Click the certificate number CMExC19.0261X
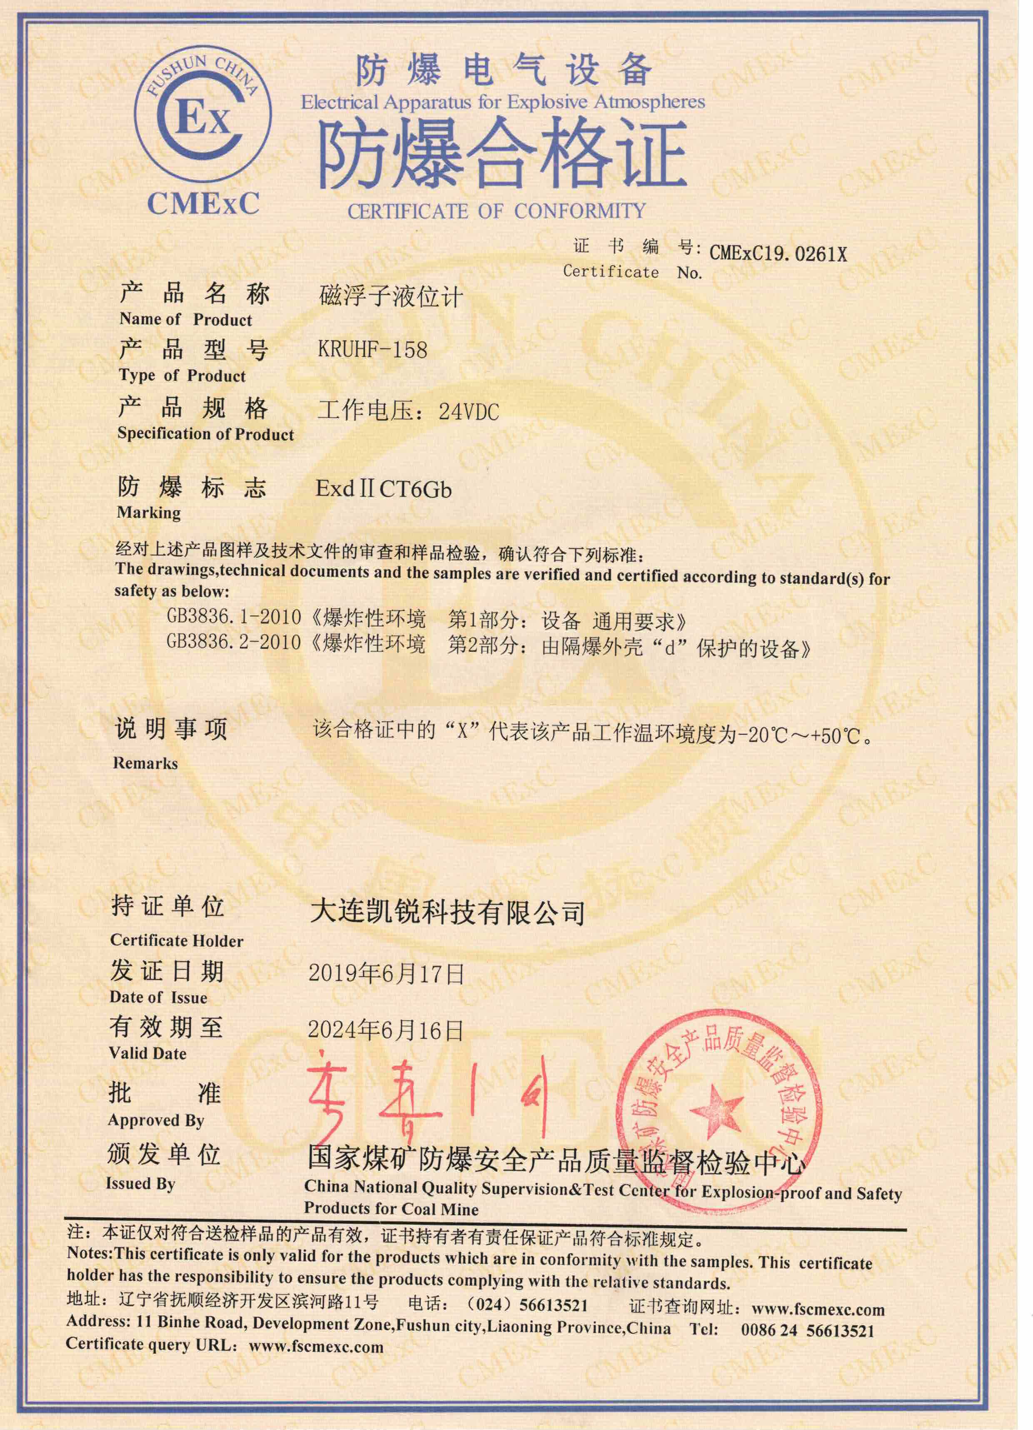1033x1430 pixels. click(x=778, y=254)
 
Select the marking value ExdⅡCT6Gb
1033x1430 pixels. click(x=384, y=489)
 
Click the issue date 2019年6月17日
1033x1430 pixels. click(x=386, y=974)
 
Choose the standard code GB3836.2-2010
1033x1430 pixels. click(x=233, y=643)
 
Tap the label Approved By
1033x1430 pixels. click(x=156, y=1121)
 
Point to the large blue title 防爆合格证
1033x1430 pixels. click(x=502, y=154)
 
